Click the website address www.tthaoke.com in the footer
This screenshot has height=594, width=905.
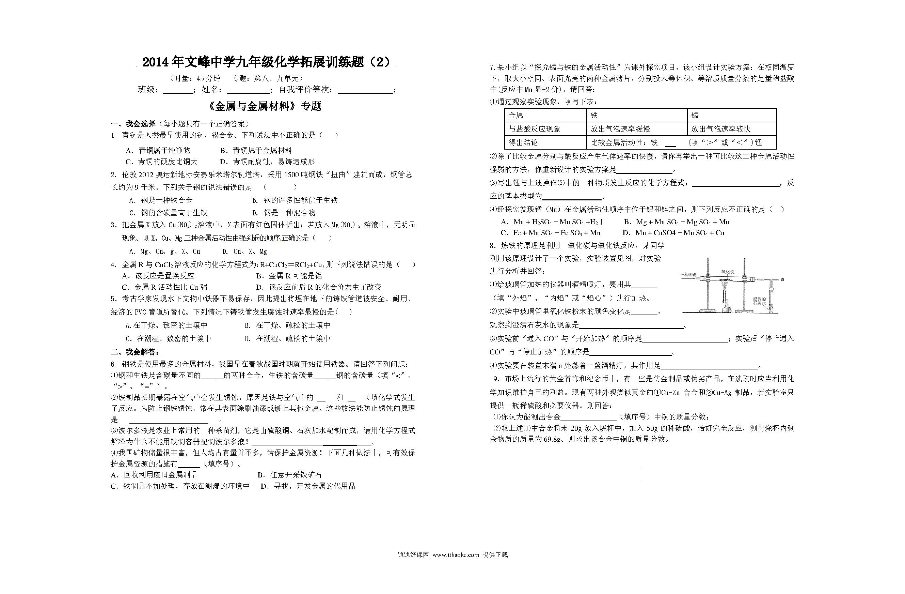(456, 555)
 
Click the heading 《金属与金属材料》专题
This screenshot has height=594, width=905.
(265, 106)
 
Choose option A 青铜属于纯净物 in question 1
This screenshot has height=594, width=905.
(158, 150)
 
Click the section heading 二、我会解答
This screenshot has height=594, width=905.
(135, 352)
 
